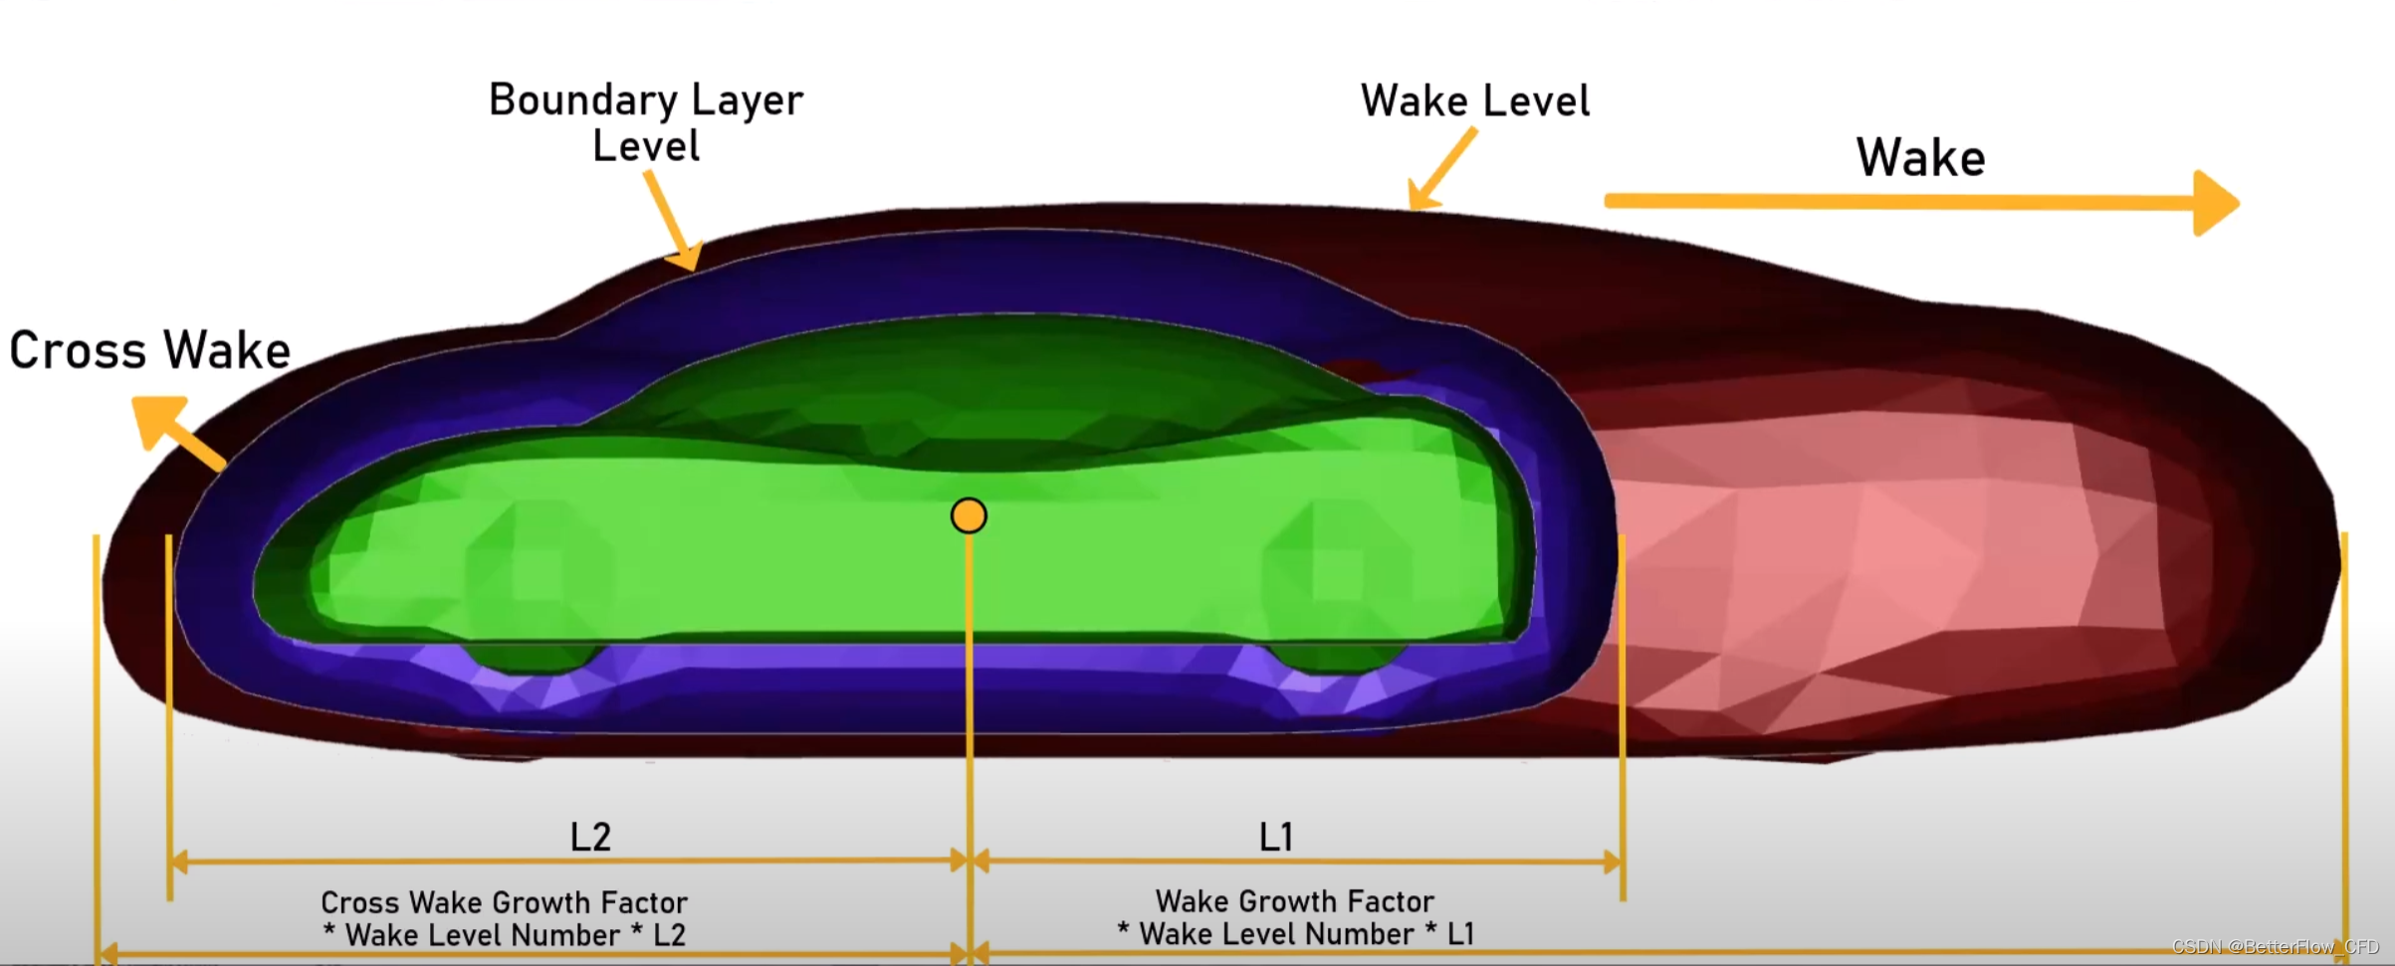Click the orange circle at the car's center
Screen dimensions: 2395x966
point(969,515)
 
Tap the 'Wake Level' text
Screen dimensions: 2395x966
point(1475,101)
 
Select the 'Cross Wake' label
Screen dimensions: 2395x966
point(150,351)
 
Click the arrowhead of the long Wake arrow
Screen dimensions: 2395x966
point(2215,203)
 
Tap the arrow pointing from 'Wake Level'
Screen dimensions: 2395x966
point(1440,170)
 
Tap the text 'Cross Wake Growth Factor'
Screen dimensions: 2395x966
point(504,902)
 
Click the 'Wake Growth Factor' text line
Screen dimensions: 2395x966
point(1294,901)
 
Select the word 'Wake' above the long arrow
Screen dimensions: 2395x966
point(1920,158)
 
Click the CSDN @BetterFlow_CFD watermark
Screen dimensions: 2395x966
point(2275,946)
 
